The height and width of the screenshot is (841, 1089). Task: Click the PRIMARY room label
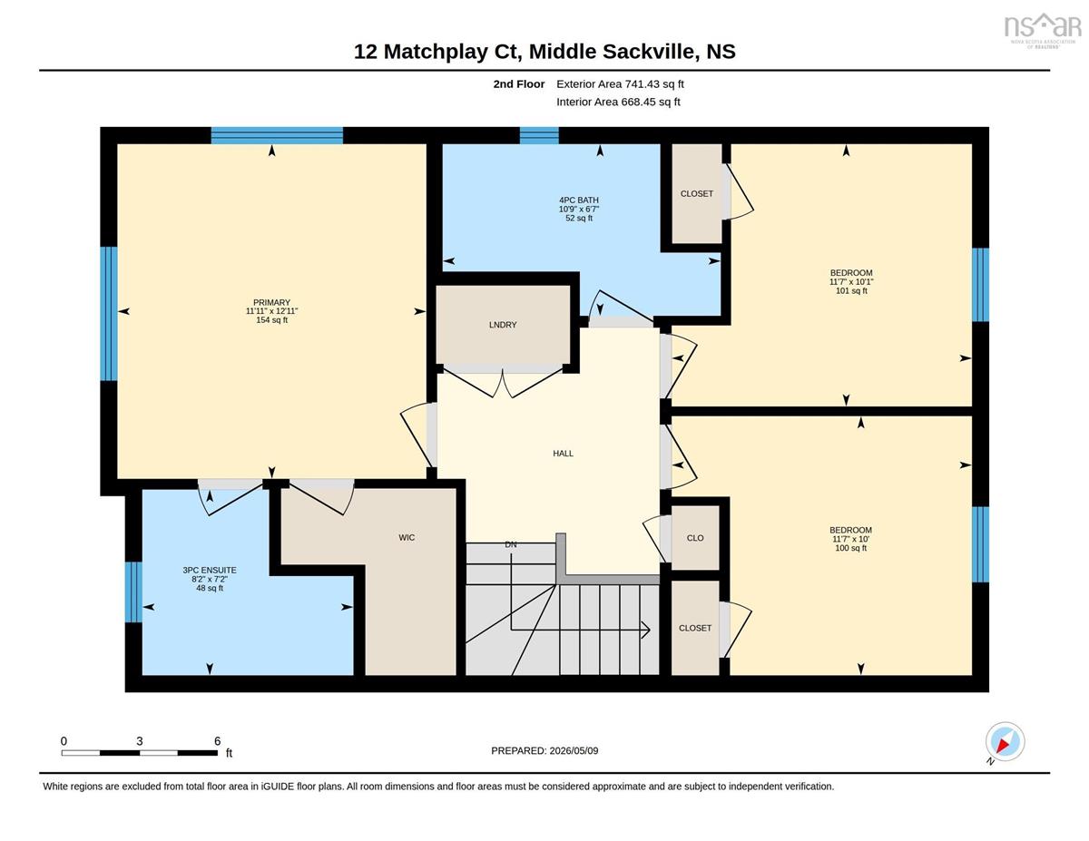[x=271, y=302]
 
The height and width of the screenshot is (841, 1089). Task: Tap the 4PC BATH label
[x=579, y=200]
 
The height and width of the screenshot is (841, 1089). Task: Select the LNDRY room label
[x=503, y=325]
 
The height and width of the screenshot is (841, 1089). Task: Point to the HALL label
[x=563, y=454]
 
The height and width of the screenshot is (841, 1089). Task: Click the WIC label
[x=407, y=537]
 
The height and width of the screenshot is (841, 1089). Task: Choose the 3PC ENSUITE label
[x=210, y=570]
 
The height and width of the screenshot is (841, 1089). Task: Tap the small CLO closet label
[x=695, y=538]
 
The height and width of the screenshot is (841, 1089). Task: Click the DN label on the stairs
[x=511, y=544]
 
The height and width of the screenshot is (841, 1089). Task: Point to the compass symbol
[x=1005, y=742]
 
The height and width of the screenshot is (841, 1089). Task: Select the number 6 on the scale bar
[x=218, y=741]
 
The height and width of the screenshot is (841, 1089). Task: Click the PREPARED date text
[x=544, y=751]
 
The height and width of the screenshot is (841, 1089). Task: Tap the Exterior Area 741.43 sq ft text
[x=620, y=84]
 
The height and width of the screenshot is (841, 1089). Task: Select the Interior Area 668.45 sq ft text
[x=618, y=103]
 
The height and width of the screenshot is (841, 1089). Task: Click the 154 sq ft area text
[x=271, y=320]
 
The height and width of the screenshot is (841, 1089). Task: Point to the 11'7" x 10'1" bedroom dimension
[x=851, y=282]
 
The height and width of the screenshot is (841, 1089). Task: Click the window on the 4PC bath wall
[x=539, y=136]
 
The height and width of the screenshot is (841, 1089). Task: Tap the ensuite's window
[x=133, y=592]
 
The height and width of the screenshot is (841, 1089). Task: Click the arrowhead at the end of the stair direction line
[x=647, y=631]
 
